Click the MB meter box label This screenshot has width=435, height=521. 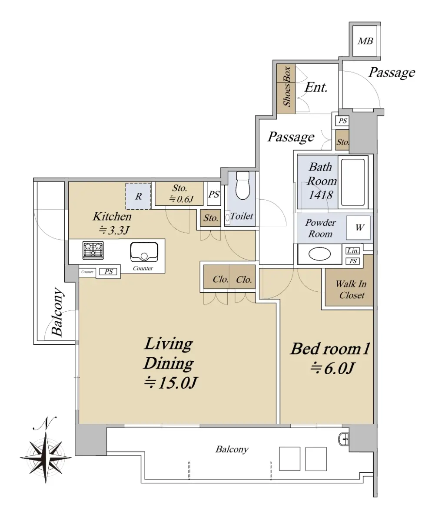click(x=365, y=41)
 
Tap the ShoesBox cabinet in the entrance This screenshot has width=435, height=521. click(x=286, y=89)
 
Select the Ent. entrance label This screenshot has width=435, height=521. click(x=316, y=88)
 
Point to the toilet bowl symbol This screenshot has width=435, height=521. click(x=243, y=185)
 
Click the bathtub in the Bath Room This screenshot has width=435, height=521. click(x=353, y=182)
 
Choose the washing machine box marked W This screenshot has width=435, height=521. click(x=358, y=228)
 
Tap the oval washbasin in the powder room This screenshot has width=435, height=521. click(x=320, y=254)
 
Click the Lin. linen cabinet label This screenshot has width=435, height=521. click(x=352, y=251)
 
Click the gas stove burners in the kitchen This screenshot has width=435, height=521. click(x=93, y=250)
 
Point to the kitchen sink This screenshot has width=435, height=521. click(x=144, y=252)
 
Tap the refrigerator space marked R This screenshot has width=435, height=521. click(x=138, y=196)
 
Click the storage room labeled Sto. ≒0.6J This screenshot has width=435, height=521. click(x=179, y=194)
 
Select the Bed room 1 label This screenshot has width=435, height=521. click(x=330, y=349)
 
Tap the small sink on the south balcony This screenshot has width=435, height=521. click(x=344, y=439)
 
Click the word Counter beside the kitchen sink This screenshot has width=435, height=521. click(x=143, y=268)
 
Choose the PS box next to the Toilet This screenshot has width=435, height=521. click(x=214, y=194)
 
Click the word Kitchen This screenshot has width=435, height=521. click(x=112, y=217)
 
